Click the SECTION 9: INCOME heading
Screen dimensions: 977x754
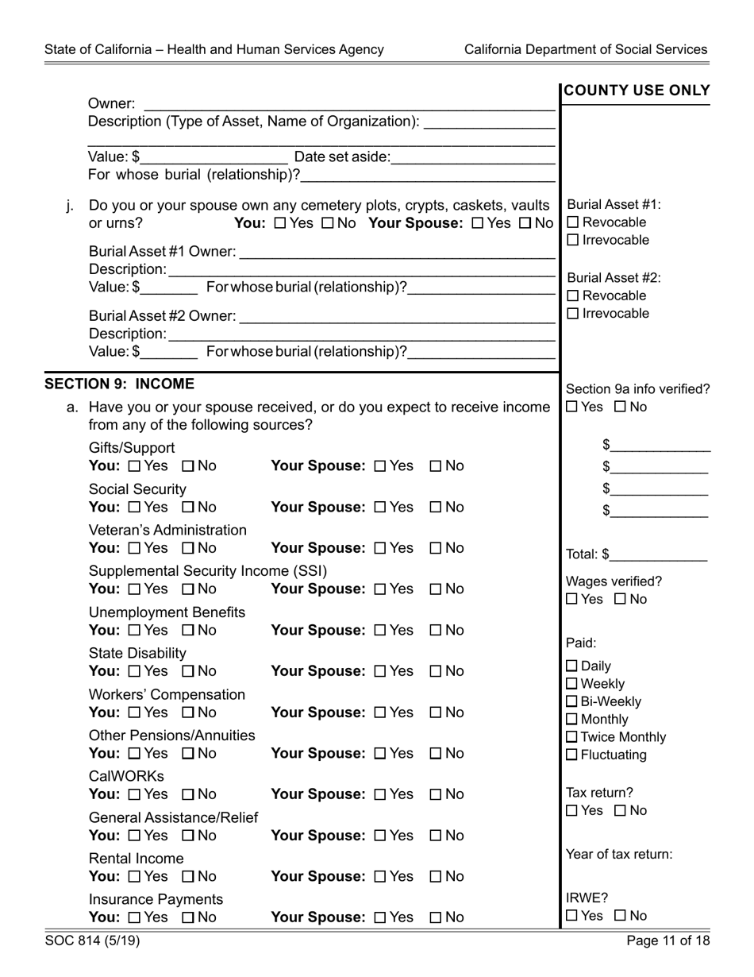(x=119, y=384)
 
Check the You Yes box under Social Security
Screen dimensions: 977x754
(x=133, y=507)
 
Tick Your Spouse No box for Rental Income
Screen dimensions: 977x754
(x=436, y=876)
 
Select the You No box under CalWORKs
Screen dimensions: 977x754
(x=188, y=794)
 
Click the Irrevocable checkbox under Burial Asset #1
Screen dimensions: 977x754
(x=574, y=241)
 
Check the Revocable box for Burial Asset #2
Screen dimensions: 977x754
(x=574, y=296)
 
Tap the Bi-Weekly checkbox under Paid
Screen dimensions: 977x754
(x=572, y=702)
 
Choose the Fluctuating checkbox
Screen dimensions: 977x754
(x=572, y=755)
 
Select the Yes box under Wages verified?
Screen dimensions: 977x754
(x=572, y=600)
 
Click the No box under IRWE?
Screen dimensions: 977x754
(x=621, y=917)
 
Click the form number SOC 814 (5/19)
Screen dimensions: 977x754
(x=93, y=942)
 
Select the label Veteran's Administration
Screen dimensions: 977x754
(x=167, y=530)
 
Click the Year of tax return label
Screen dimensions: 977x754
(x=619, y=855)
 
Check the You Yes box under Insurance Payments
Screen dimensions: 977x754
(x=133, y=917)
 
